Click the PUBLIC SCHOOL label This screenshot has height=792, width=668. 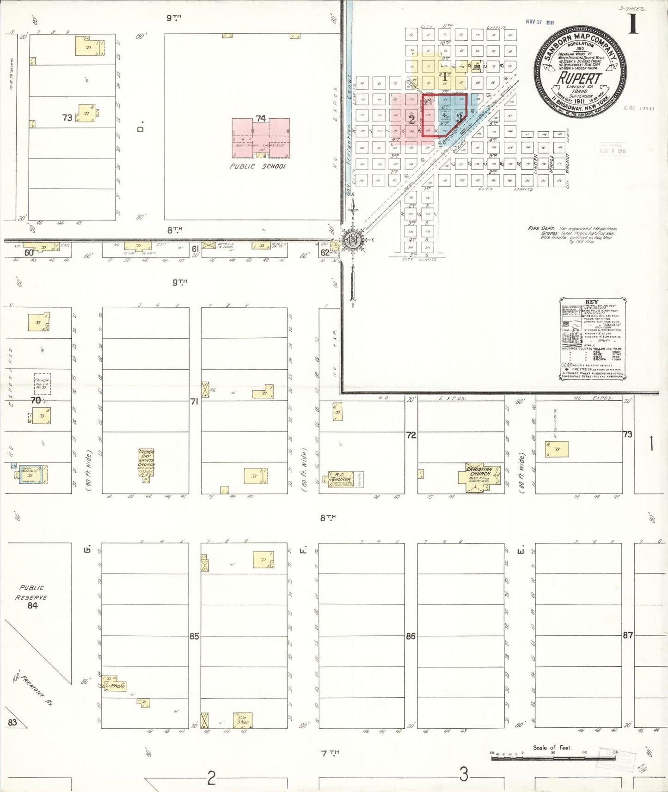(258, 166)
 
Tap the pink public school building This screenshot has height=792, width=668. (261, 139)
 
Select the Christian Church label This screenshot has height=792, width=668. (479, 471)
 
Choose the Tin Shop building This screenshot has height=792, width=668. (243, 720)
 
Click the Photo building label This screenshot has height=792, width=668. (117, 686)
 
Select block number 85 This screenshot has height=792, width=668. (194, 636)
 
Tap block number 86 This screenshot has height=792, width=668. (411, 636)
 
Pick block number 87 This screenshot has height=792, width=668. (627, 635)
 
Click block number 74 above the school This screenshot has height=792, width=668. (261, 118)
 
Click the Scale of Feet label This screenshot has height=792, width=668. (552, 747)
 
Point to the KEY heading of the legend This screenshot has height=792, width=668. (592, 302)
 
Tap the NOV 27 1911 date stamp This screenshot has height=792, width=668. (539, 22)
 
